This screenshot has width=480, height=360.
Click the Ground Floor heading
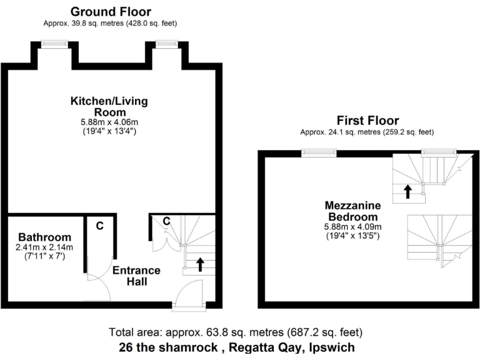111,12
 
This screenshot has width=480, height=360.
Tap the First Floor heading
367,121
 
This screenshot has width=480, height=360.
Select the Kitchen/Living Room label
109,106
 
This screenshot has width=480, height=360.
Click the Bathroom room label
44,237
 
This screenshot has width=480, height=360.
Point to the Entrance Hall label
136,276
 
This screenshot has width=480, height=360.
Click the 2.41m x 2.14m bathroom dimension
44,247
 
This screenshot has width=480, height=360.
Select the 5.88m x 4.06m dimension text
109,123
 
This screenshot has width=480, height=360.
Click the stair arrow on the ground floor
200,264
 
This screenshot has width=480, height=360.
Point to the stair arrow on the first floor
407,191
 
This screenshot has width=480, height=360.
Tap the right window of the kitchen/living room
166,43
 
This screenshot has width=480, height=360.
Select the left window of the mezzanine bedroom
319,152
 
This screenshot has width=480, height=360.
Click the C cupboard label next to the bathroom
99,226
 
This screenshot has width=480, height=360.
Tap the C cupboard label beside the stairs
167,221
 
